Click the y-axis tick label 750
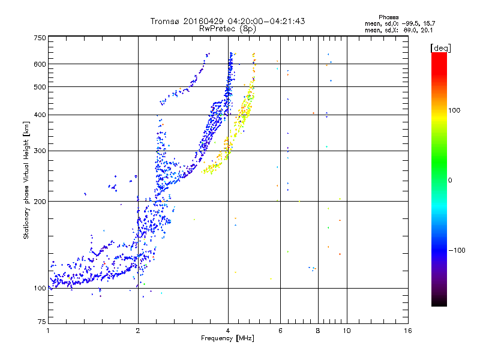(40, 37)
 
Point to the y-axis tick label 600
(40, 64)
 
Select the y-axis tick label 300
(40, 151)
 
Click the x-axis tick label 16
(407, 331)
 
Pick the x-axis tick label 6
(280, 331)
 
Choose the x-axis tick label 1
(48, 331)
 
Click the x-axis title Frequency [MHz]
(227, 338)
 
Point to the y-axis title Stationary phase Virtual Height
(26, 179)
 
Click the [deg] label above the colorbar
(440, 47)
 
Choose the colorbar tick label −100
(457, 250)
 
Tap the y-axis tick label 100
(40, 289)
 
